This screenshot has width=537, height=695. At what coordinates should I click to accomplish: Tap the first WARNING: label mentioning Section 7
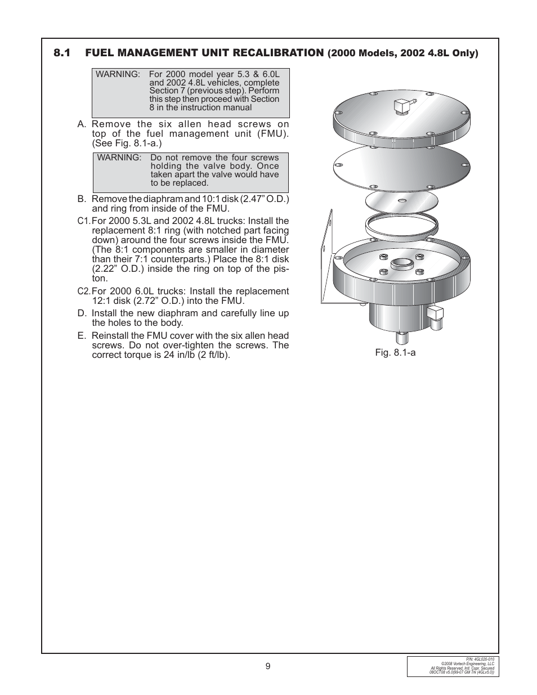118,74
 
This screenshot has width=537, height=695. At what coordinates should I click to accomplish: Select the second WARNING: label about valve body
119,158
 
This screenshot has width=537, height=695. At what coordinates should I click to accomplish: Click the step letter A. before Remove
82,124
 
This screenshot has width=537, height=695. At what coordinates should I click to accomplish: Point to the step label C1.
83,221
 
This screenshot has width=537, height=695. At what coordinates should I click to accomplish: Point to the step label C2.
83,292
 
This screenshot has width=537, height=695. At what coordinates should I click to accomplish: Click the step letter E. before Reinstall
82,336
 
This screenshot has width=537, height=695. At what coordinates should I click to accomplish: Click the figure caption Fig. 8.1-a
395,353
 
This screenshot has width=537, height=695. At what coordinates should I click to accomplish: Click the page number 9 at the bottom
268,666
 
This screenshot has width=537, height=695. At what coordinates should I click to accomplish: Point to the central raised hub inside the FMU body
402,263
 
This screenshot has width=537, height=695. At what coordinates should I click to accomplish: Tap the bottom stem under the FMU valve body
402,338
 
